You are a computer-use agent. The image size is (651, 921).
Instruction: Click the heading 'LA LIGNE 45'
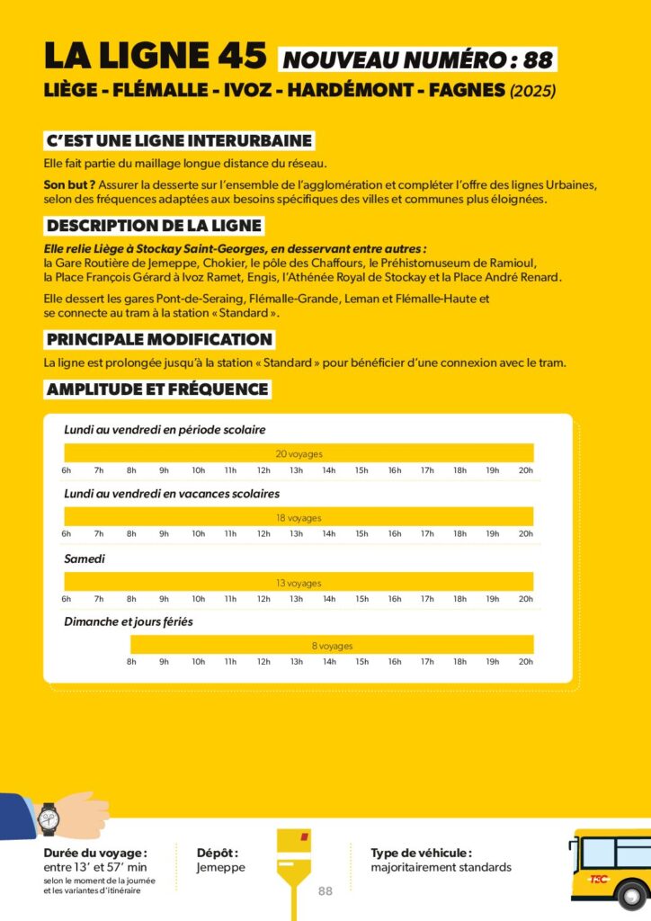coord(155,58)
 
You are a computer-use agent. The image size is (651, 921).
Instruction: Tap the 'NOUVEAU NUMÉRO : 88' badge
coord(417,60)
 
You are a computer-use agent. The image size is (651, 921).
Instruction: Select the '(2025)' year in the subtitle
coord(533,92)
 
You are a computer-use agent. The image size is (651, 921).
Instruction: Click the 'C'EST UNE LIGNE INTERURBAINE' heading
coord(179,141)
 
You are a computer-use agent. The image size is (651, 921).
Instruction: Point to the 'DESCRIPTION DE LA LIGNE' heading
coord(154,226)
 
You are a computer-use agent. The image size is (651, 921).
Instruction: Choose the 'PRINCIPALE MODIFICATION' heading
coord(158,340)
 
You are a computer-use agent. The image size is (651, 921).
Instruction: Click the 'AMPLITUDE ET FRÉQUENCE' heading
coord(156,389)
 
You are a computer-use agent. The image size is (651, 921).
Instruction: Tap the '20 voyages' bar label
coord(299,454)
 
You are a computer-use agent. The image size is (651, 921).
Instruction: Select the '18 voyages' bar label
coord(299,518)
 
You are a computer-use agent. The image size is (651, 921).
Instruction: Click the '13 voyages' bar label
coord(299,583)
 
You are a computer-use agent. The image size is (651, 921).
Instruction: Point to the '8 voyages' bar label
coord(332,646)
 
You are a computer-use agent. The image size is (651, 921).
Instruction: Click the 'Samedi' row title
coord(85,559)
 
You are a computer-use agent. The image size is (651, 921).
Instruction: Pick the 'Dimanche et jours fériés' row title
coord(128,621)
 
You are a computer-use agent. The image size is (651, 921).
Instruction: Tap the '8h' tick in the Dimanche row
coord(131,662)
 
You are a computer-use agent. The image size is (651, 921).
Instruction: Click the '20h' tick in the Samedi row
coord(525,599)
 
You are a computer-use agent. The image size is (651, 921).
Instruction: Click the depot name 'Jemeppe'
coord(220,868)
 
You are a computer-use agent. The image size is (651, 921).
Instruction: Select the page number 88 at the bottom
coord(325,891)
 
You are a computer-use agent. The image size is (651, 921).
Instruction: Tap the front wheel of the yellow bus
coord(632,896)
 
